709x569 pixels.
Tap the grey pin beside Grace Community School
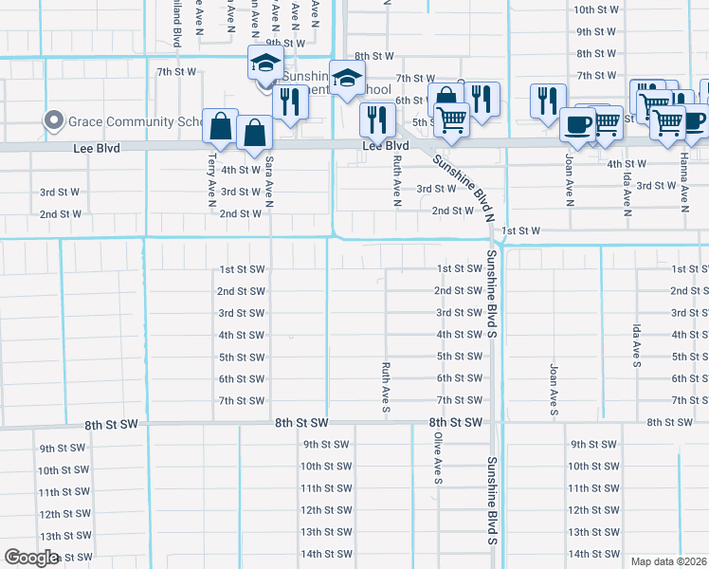point(54,121)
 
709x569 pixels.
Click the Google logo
point(31,558)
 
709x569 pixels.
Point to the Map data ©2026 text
point(669,561)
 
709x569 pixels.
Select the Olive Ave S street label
point(439,460)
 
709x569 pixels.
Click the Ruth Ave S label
point(386,387)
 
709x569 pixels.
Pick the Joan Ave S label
point(554,388)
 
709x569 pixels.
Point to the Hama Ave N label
point(682,185)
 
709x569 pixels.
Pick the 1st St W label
point(520,230)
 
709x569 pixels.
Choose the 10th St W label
point(596,9)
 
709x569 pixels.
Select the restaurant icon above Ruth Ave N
point(377,119)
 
